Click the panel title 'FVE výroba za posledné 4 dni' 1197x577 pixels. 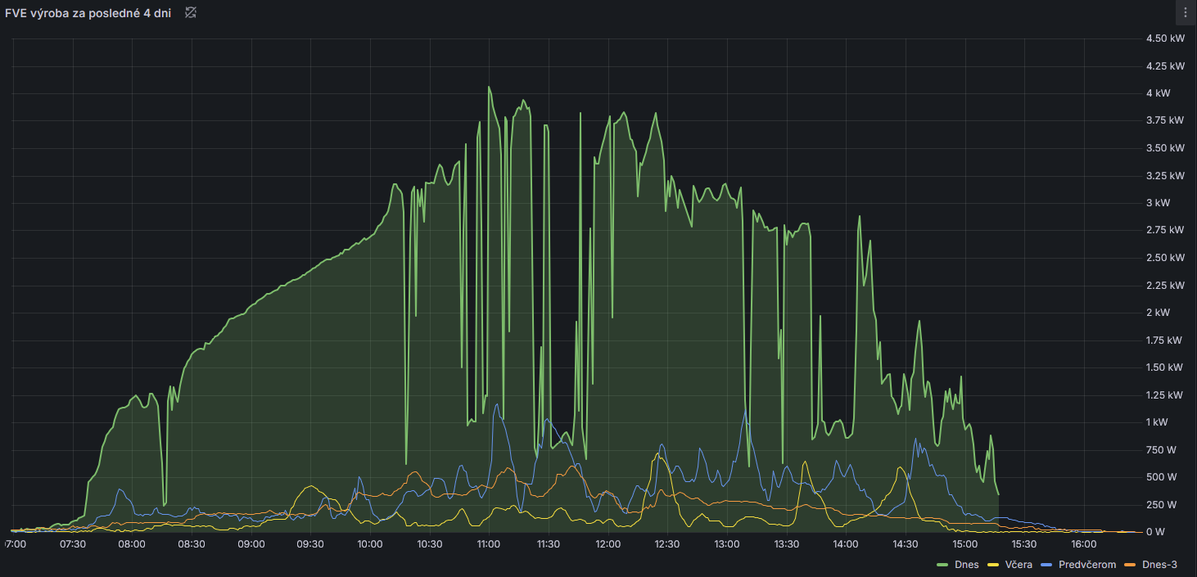(88, 13)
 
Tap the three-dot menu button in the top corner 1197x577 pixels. (1186, 12)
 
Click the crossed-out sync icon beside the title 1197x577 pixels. (191, 12)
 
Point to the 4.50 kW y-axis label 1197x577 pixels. (1165, 38)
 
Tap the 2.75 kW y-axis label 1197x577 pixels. (1165, 230)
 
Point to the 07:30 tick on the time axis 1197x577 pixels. (73, 544)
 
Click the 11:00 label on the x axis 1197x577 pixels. (489, 544)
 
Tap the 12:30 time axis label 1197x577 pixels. (667, 544)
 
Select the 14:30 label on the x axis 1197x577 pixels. (905, 544)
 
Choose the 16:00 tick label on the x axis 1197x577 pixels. (1083, 544)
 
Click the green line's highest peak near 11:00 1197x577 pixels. (489, 87)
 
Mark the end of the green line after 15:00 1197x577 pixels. (998, 494)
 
